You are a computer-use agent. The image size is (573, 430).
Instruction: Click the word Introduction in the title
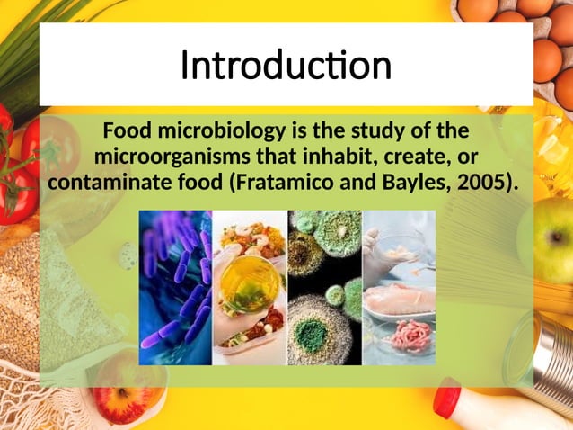(x=286, y=65)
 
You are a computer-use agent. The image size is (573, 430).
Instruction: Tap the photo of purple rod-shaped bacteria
(x=175, y=288)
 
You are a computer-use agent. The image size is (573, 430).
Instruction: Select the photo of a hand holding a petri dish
(x=249, y=288)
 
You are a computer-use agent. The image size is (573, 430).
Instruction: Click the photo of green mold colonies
(x=324, y=288)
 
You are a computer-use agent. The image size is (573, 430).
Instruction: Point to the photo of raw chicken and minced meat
(x=399, y=288)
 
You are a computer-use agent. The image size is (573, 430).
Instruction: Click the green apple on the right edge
(x=551, y=239)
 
